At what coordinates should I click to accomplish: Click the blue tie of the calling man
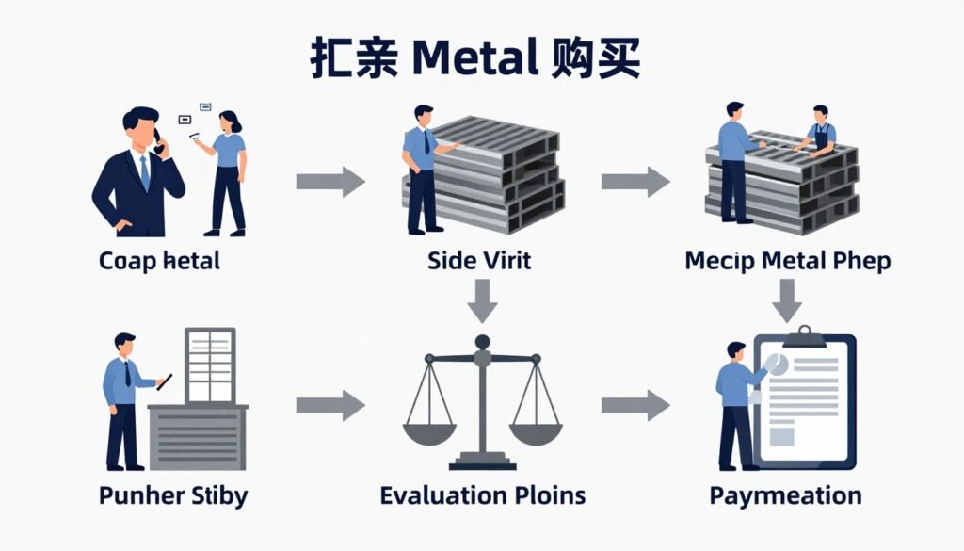point(144,173)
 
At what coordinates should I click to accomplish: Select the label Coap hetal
point(159,260)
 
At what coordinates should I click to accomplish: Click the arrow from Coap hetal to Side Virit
point(329,181)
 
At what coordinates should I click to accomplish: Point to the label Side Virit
point(478,260)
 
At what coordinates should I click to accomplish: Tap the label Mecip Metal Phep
point(787,260)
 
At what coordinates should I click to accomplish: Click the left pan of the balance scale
point(430,432)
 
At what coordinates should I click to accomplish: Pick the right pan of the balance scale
point(535,432)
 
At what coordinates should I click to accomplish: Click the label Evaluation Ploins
point(482,495)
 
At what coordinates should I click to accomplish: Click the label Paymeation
point(785,495)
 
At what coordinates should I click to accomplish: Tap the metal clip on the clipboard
point(803,335)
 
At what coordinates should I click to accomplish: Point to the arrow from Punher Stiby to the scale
point(329,406)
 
